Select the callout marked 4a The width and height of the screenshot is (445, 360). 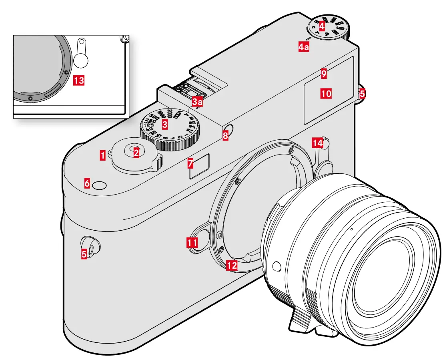[x=304, y=47]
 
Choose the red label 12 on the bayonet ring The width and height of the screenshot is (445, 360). [x=232, y=265]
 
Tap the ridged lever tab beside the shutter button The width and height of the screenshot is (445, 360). [x=159, y=161]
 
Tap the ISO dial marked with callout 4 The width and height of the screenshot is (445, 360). [x=328, y=28]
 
